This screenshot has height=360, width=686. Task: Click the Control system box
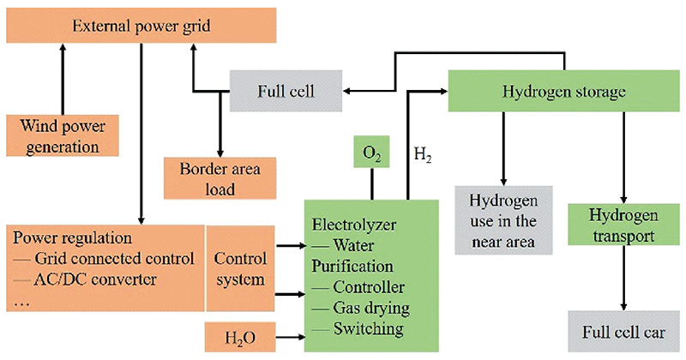click(240, 268)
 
